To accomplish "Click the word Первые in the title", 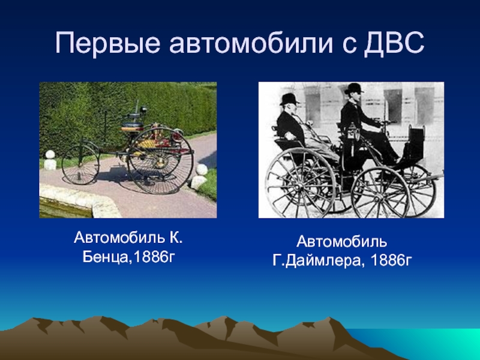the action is [108, 43].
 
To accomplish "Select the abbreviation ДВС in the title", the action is [394, 43].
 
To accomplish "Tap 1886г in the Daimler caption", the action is [391, 260].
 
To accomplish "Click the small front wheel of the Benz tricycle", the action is [80, 164].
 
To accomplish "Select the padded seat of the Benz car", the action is [133, 126].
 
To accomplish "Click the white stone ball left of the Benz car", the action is [50, 154].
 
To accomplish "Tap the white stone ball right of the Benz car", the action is [202, 169].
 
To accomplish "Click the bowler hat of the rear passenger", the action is [289, 99].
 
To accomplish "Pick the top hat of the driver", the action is [354, 88].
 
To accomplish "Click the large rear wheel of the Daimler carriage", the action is [301, 184].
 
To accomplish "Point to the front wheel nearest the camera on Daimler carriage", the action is [380, 193].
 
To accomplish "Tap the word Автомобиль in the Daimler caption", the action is [341, 242].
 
